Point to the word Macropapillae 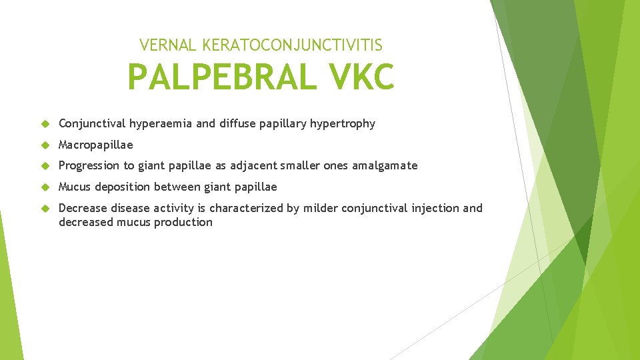coord(95,145)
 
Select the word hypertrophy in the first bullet coord(343,123)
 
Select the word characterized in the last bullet coord(246,208)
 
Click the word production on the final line coord(183,223)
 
